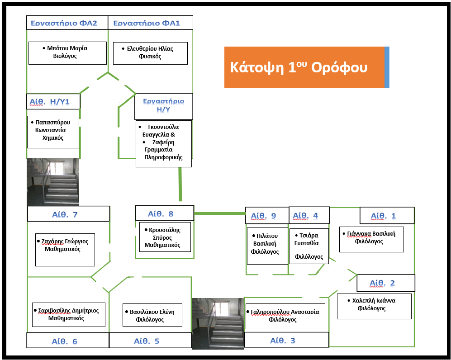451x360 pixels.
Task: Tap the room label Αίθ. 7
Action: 68,214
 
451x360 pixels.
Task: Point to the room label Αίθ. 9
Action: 267,216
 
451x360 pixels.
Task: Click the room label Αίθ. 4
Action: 309,216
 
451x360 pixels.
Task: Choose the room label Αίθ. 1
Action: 387,216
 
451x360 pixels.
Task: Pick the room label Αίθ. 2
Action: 385,283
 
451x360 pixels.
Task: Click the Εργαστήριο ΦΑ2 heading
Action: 67,23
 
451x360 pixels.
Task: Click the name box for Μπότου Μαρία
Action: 67,53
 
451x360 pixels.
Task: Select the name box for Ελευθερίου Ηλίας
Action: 150,53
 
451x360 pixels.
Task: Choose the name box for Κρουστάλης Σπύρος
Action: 165,237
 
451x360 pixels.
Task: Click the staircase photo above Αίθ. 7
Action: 53,182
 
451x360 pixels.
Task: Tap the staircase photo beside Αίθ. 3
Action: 218,323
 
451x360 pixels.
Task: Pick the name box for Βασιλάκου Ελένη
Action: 152,315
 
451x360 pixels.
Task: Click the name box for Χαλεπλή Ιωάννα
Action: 374,306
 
